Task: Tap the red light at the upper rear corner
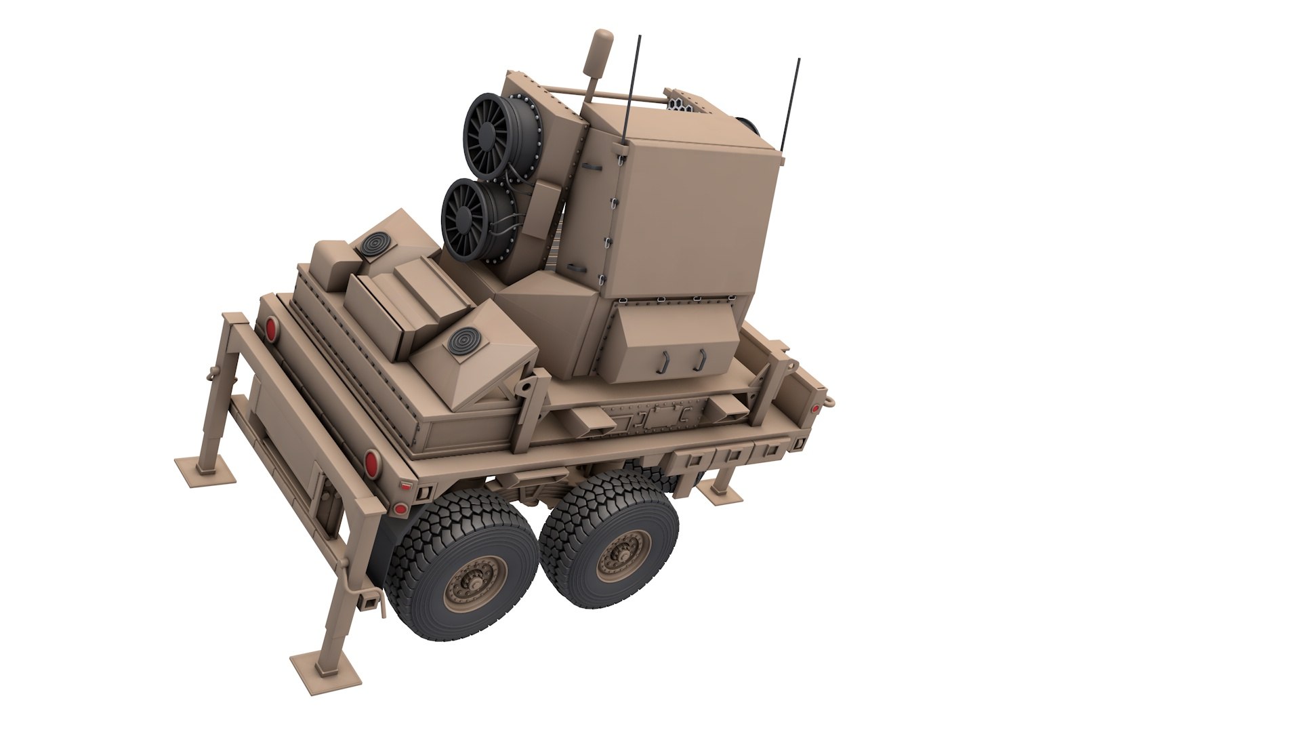[x=271, y=329]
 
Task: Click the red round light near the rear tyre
[x=371, y=464]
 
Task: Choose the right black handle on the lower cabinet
[x=700, y=359]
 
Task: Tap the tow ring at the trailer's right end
[x=828, y=401]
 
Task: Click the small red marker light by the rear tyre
[x=400, y=508]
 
